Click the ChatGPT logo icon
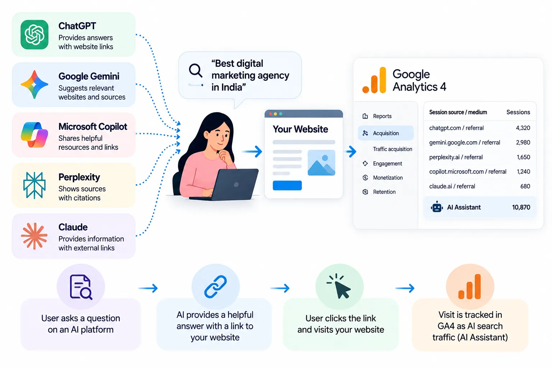pyautogui.click(x=34, y=35)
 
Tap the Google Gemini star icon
pyautogui.click(x=34, y=84)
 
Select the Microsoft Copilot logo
pyautogui.click(x=34, y=134)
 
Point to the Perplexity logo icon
pyautogui.click(x=34, y=185)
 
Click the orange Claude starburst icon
pyautogui.click(x=34, y=236)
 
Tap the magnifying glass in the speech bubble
pyautogui.click(x=195, y=71)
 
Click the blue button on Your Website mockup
pyautogui.click(x=287, y=185)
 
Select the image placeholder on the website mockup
pyautogui.click(x=321, y=163)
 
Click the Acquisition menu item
pyautogui.click(x=386, y=133)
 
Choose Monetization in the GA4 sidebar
pyautogui.click(x=388, y=178)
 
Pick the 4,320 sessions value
pyautogui.click(x=523, y=128)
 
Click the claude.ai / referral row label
pyautogui.click(x=452, y=187)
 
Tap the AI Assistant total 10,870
pyautogui.click(x=521, y=207)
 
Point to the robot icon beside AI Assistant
pyautogui.click(x=437, y=207)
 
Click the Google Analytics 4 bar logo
pyautogui.click(x=374, y=80)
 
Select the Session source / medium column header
pyautogui.click(x=458, y=112)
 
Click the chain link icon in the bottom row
pyautogui.click(x=215, y=287)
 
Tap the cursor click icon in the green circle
pyautogui.click(x=339, y=286)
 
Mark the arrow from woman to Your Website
pyautogui.click(x=252, y=152)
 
